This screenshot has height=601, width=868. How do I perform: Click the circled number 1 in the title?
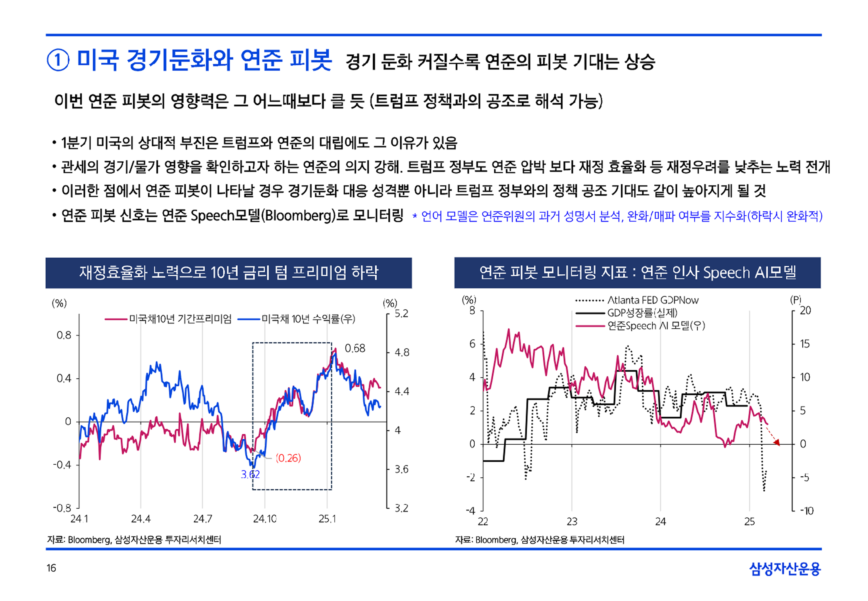(58, 61)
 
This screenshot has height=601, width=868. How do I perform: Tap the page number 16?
(51, 568)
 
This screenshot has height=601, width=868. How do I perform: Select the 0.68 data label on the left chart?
(355, 348)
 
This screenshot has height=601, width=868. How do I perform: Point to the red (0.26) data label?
(288, 458)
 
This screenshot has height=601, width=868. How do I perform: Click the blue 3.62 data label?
(250, 474)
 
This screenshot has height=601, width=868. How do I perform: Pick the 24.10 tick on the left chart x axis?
(264, 519)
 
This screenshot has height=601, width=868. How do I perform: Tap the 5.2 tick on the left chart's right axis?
(401, 314)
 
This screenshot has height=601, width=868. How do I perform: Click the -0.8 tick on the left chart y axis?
(62, 508)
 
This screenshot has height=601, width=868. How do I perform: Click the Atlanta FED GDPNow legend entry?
(653, 300)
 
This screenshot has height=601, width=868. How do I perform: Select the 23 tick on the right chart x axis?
(572, 521)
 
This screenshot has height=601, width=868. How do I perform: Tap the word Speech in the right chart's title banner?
(726, 273)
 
